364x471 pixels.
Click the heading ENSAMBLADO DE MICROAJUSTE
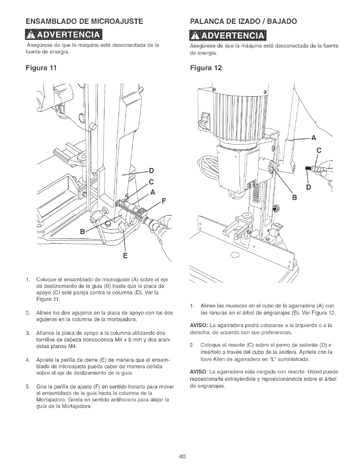pos(84,21)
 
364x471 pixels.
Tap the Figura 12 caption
pos(205,67)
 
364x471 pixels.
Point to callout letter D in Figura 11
pos(151,171)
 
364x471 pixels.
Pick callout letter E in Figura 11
pos(125,255)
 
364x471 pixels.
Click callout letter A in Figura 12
pos(313,137)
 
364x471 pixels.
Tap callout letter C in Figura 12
pos(320,150)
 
